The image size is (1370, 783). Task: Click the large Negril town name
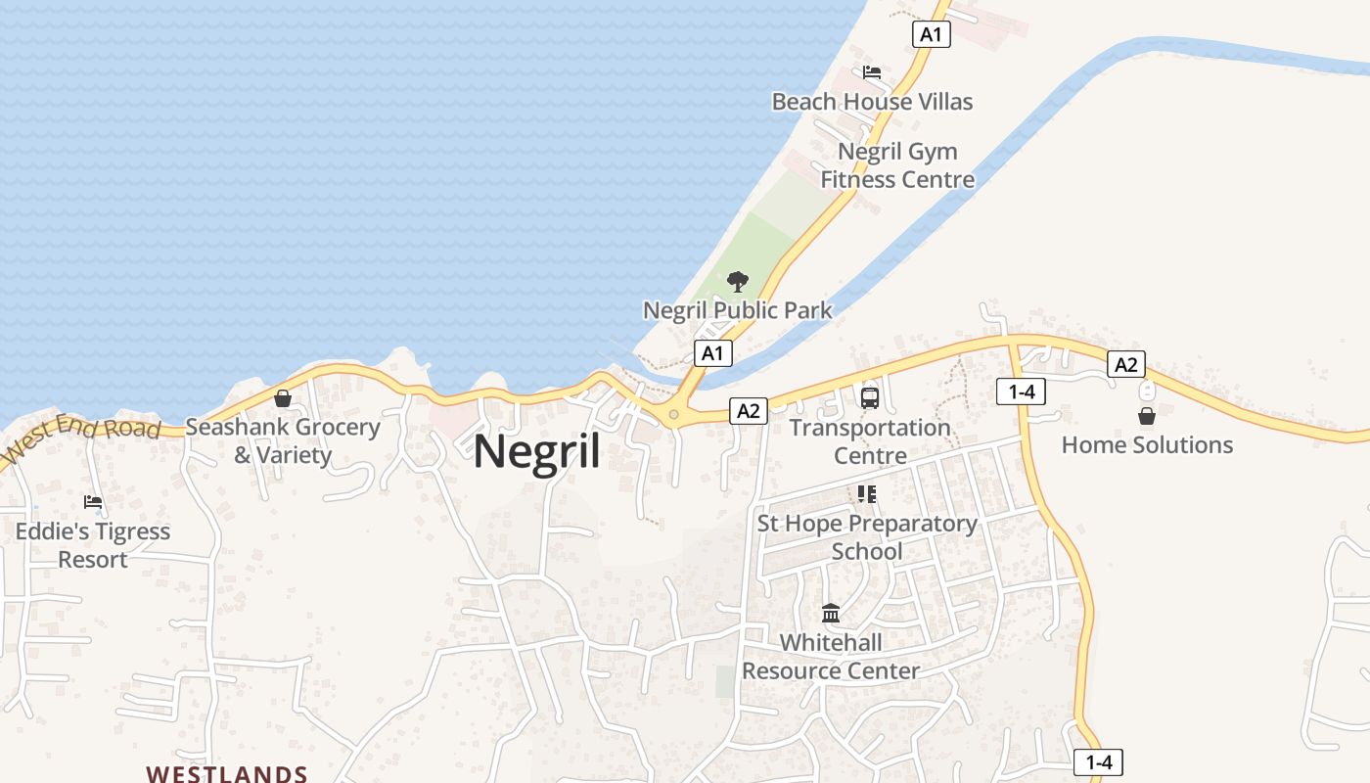coord(537,452)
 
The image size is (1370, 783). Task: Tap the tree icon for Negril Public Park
coord(738,283)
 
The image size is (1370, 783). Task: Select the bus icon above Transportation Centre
coord(870,398)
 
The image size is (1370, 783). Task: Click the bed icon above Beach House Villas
coord(872,72)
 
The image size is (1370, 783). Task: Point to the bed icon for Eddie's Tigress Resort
coord(93,502)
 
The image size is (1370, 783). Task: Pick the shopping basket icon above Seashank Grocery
coord(283,398)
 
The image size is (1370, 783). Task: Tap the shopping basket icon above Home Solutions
coord(1147,416)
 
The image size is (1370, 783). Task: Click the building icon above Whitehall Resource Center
coord(831,614)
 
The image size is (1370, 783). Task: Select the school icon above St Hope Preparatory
coord(867,494)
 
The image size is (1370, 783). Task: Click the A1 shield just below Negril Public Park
coord(712,353)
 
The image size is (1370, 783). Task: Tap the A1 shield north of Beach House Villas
coord(931,35)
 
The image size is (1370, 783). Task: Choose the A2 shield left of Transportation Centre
coord(749,411)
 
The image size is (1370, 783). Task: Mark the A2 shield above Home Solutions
coord(1126,365)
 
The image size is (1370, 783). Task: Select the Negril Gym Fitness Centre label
coord(897,165)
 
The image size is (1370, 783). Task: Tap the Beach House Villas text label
coord(872,102)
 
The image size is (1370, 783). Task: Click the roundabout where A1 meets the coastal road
coord(673,415)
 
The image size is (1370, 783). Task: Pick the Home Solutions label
coord(1147,445)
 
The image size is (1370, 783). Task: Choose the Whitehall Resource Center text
coord(831,657)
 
